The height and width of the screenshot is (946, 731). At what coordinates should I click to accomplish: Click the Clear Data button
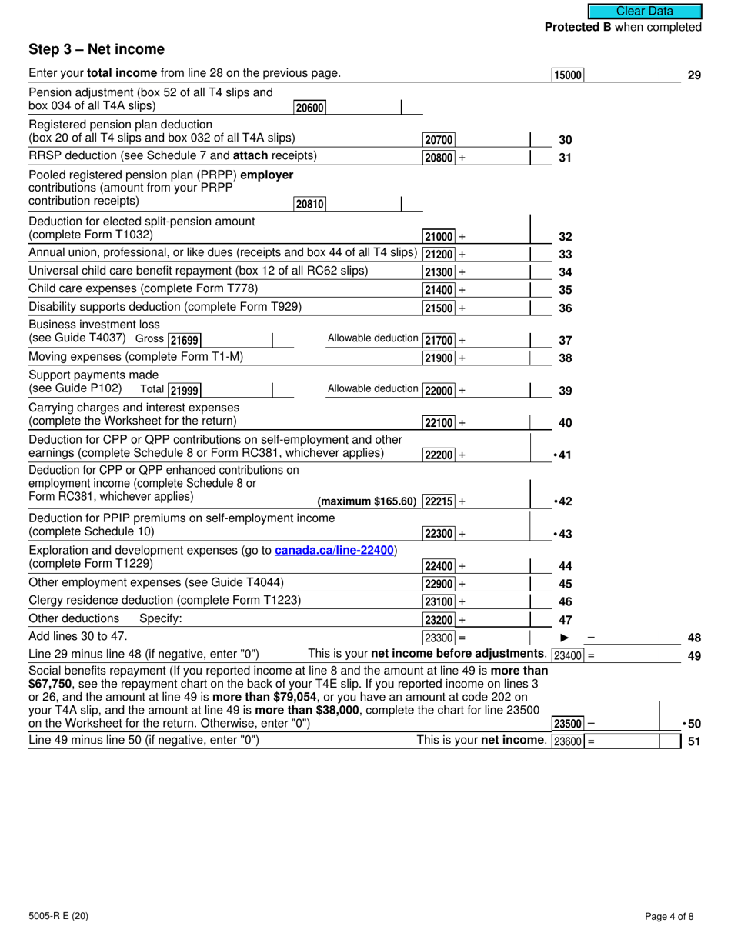(645, 11)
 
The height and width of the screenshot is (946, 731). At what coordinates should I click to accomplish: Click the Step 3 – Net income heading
(96, 50)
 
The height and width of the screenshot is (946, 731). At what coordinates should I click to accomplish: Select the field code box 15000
(568, 75)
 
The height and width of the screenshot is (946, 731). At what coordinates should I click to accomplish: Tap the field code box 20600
(309, 108)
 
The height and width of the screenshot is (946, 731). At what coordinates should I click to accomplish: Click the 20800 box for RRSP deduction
(439, 158)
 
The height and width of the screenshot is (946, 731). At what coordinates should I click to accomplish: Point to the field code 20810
(309, 204)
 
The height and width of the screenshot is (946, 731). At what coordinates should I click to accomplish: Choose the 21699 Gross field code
(185, 341)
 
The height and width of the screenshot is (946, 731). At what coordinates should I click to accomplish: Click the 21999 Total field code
(185, 391)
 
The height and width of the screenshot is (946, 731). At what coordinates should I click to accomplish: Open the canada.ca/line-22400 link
(334, 550)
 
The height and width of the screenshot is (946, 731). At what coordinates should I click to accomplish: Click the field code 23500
(568, 724)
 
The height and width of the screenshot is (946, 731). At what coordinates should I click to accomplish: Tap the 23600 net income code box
(568, 741)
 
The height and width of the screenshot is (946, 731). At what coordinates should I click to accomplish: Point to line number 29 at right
(693, 75)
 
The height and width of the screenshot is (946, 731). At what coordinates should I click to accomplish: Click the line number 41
(564, 455)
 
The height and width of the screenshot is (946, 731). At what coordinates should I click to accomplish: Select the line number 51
(693, 741)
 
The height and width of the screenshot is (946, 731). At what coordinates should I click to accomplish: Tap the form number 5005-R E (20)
(56, 916)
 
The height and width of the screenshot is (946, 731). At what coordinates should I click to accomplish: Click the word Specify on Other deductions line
(160, 619)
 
